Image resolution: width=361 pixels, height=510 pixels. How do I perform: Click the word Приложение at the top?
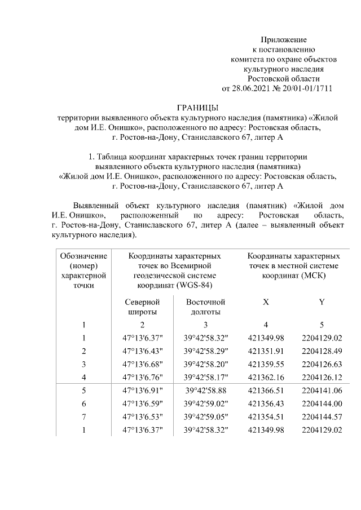click(x=283, y=40)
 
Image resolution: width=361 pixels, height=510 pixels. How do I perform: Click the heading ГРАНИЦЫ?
click(x=197, y=108)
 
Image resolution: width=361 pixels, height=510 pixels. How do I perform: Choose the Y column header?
click(x=322, y=302)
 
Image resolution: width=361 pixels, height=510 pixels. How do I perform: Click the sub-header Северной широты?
click(x=142, y=307)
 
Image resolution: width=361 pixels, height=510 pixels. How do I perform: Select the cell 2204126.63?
click(x=322, y=363)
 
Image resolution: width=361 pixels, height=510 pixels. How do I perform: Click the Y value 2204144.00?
click(x=322, y=403)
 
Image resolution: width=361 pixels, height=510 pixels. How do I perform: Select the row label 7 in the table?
click(x=83, y=416)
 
